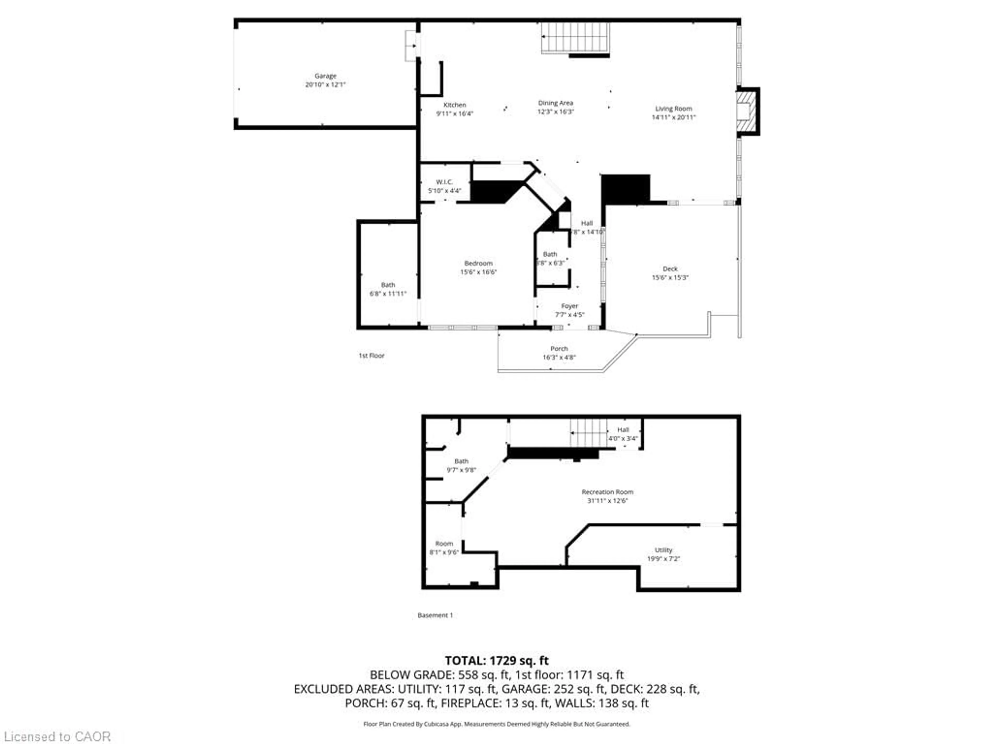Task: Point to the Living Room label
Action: (x=673, y=109)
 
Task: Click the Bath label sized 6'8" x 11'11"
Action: (x=388, y=285)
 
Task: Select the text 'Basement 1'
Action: (x=435, y=615)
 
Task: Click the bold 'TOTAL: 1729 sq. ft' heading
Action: (x=496, y=660)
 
